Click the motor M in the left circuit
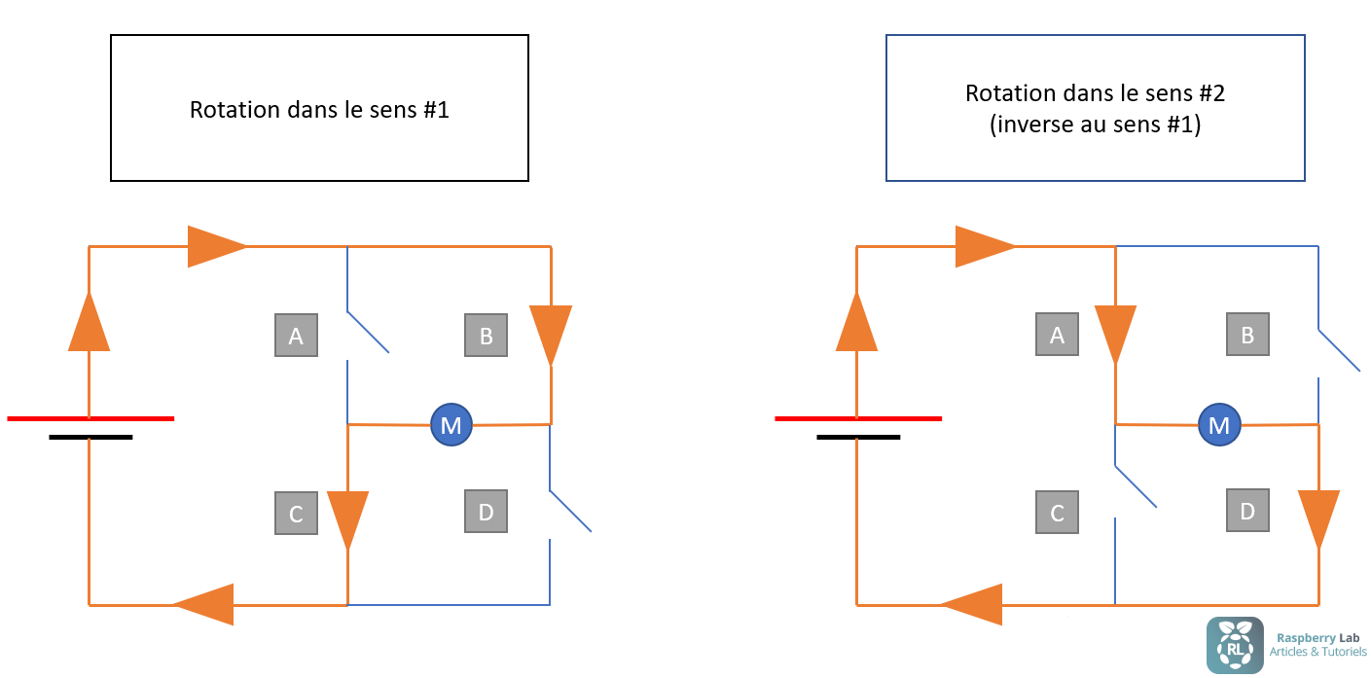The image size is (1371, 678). click(451, 424)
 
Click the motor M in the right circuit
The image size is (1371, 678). click(1218, 424)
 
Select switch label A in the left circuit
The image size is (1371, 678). click(296, 336)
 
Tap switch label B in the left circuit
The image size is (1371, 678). click(486, 336)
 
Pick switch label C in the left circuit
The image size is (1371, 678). click(296, 513)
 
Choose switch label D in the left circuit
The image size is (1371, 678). click(486, 511)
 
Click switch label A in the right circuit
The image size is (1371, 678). click(1057, 335)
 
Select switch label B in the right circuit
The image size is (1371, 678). click(1246, 335)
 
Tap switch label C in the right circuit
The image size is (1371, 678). click(1057, 512)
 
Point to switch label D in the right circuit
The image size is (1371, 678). click(1247, 510)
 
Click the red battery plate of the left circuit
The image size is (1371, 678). click(90, 418)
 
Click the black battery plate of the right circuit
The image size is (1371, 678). click(858, 438)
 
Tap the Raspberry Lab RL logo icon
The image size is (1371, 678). click(1235, 645)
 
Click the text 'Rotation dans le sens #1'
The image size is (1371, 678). click(319, 109)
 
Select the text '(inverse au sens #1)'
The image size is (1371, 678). click(1095, 125)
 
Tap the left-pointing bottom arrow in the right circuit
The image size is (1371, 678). click(973, 604)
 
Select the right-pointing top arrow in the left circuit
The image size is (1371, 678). click(215, 246)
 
